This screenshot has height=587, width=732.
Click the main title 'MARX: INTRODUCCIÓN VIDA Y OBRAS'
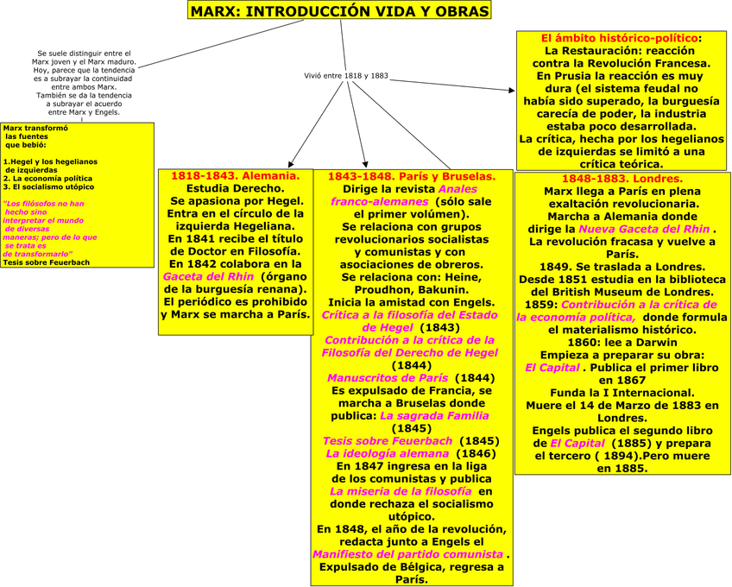tap(339, 11)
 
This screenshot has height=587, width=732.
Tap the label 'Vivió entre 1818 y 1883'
tap(345, 76)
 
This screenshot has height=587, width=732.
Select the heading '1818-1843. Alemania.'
tap(235, 175)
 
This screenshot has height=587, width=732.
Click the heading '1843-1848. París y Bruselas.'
tap(411, 176)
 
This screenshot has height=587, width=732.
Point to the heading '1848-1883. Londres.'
tap(622, 179)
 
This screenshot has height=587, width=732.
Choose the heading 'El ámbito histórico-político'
tap(620, 38)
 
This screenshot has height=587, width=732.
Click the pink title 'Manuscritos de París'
tap(388, 378)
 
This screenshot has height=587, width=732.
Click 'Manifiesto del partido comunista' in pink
tap(407, 554)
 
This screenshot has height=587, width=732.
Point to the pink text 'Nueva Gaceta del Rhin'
tap(645, 229)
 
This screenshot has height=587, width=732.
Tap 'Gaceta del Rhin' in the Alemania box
tap(208, 276)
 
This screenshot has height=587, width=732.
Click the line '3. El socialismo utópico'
tap(48, 186)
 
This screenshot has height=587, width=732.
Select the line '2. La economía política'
tap(47, 178)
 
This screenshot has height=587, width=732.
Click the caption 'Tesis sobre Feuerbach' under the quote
tap(46, 262)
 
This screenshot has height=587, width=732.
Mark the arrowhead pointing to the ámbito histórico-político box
tap(511, 87)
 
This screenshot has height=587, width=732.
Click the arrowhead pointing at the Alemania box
tap(291, 162)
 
